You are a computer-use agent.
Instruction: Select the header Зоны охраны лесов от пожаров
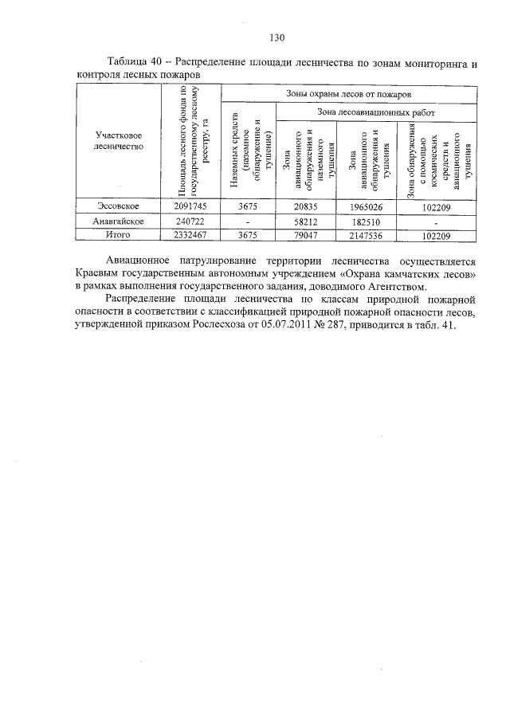[x=347, y=94]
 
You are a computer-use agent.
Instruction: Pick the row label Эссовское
[x=119, y=206]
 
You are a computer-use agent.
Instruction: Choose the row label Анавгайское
[x=119, y=220]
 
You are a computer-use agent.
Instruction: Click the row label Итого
[x=119, y=235]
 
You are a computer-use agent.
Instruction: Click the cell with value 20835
[x=306, y=206]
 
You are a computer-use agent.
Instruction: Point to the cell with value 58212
[x=306, y=221]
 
